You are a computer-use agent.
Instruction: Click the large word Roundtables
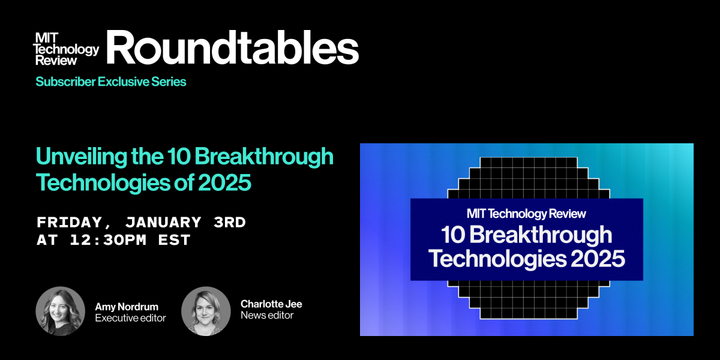(x=232, y=47)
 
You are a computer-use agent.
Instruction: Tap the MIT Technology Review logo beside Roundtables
(x=67, y=49)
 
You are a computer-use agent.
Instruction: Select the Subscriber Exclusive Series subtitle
(x=111, y=82)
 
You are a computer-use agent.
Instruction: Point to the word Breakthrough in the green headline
(x=264, y=157)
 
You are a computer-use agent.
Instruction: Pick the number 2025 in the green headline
(x=224, y=182)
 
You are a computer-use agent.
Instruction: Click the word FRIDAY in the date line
(x=70, y=223)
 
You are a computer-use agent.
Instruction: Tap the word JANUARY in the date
(x=163, y=223)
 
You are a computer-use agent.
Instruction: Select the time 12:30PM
(x=109, y=240)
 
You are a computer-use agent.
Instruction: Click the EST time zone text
(x=174, y=240)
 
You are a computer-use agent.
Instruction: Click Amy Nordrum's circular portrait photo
(x=61, y=311)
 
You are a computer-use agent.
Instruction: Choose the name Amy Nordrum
(x=127, y=307)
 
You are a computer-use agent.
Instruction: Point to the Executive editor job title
(x=131, y=318)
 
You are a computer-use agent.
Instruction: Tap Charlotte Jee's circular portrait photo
(x=206, y=311)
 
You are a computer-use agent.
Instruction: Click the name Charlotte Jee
(x=271, y=304)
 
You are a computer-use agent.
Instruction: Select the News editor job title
(x=267, y=315)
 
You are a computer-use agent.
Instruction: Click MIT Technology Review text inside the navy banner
(x=527, y=214)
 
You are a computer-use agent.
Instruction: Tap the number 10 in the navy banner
(x=453, y=235)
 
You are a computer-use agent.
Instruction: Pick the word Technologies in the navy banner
(x=497, y=259)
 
